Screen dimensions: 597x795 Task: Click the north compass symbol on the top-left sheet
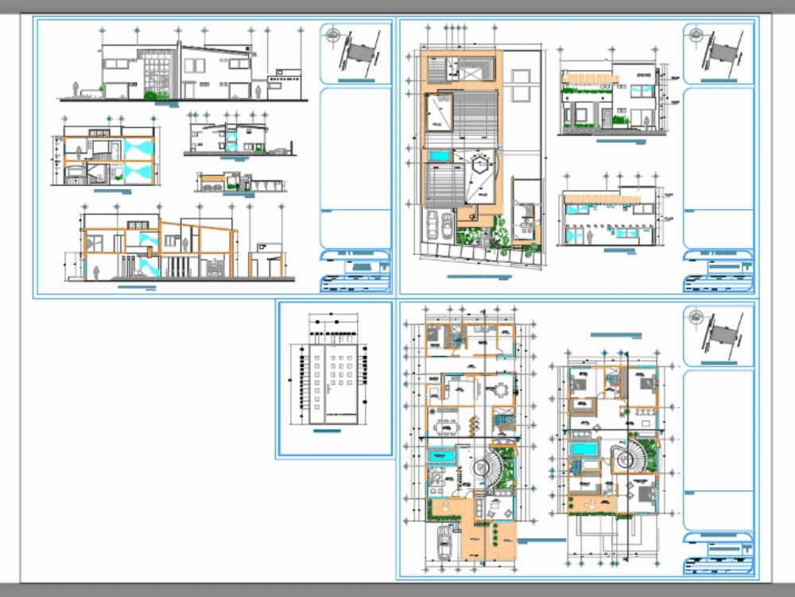pos(335,36)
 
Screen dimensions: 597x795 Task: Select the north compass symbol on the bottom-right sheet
pos(697,320)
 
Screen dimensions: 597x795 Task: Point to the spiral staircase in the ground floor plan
pos(485,469)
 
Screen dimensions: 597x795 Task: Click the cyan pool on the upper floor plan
pos(584,450)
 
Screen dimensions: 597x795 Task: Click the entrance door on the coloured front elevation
pos(607,120)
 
